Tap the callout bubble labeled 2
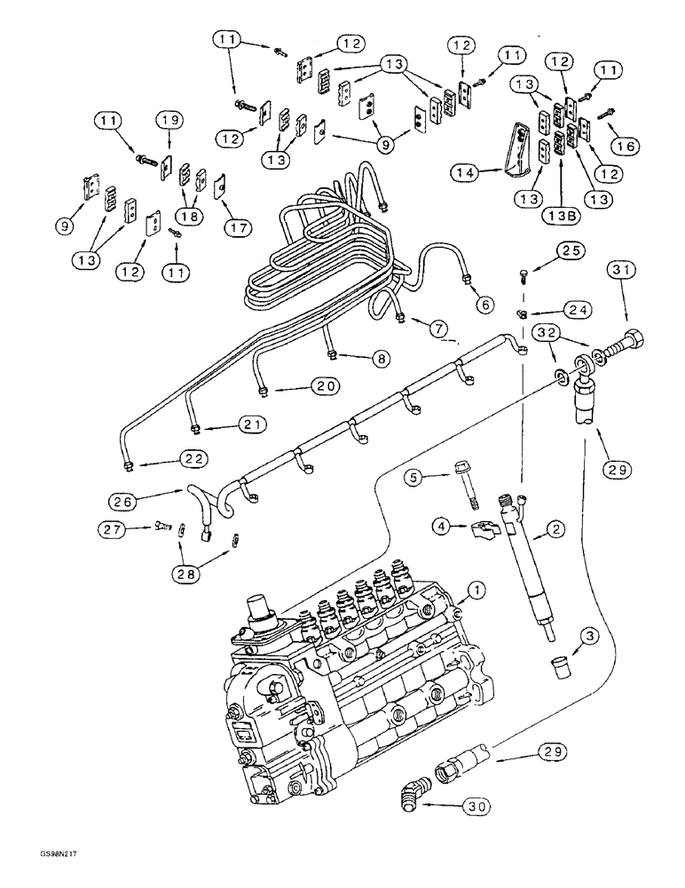coord(556,530)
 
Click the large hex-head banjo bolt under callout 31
coord(622,347)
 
